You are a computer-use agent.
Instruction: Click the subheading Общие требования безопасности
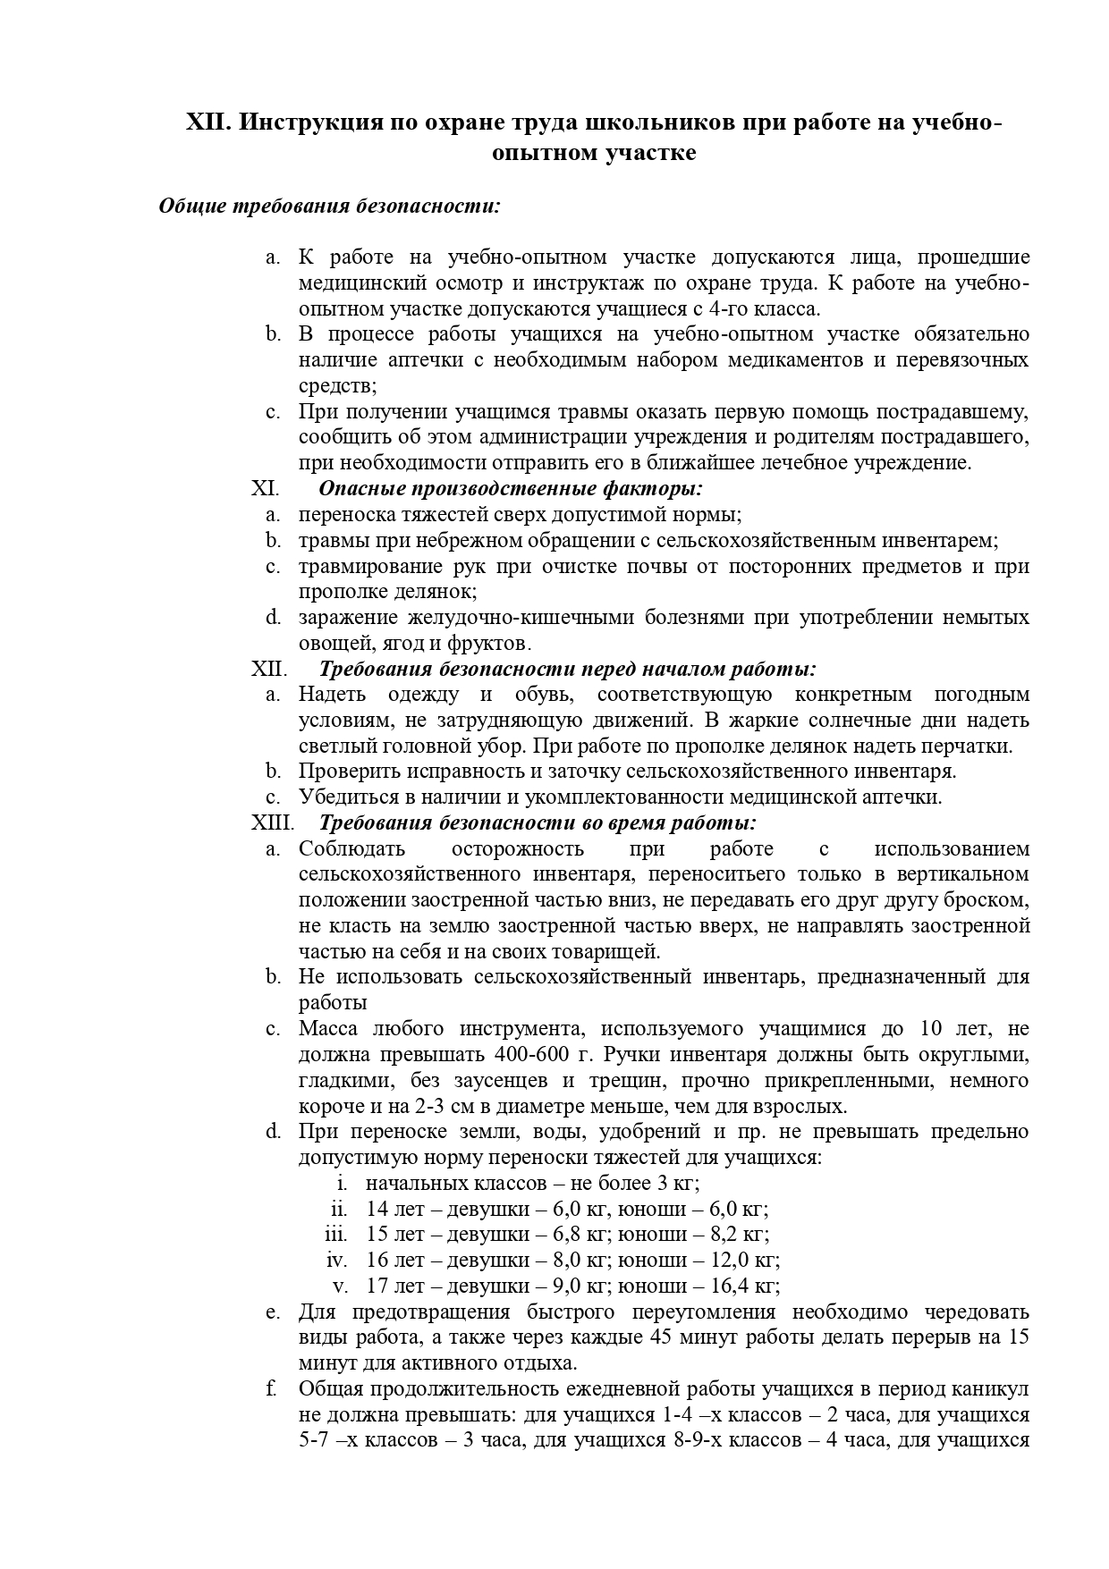[329, 206]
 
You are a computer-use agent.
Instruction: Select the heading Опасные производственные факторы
[511, 489]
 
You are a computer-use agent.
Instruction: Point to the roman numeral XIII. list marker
[273, 822]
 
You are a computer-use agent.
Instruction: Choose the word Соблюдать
[351, 848]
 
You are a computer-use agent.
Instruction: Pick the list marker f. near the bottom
[270, 1388]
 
